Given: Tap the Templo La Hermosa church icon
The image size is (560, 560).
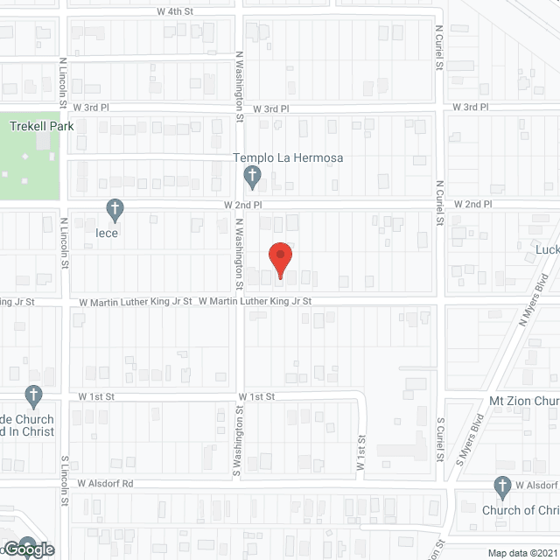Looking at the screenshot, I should [251, 177].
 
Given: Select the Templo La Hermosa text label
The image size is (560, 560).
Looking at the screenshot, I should [287, 158].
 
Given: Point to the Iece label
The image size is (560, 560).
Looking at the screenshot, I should [108, 234].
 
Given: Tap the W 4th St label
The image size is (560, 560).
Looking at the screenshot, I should [175, 11].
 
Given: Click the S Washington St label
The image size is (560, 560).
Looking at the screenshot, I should [237, 442].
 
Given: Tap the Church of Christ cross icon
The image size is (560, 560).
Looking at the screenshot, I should [502, 486].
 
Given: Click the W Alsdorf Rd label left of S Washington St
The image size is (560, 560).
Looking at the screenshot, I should [105, 482].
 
